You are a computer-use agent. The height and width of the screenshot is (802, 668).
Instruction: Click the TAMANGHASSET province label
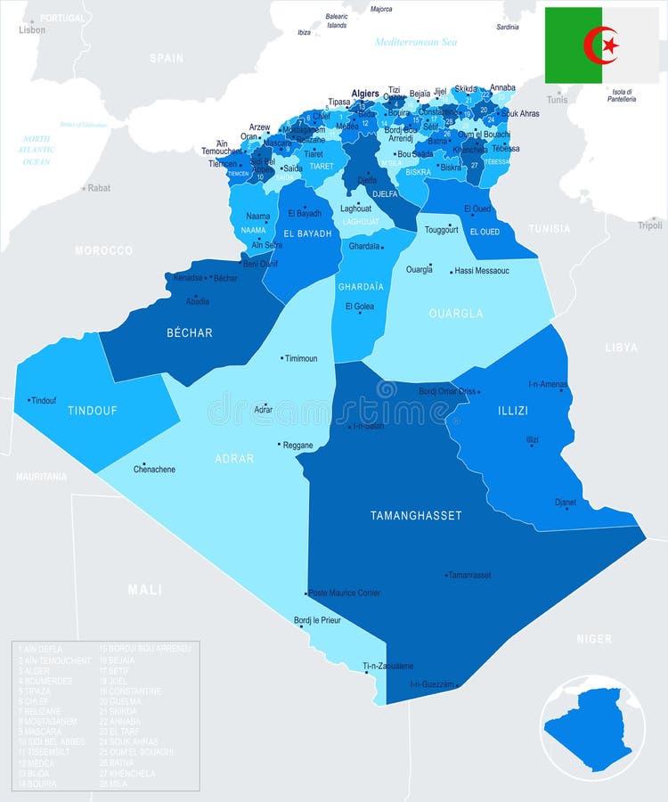click(416, 515)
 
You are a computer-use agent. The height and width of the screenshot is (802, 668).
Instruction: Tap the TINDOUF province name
click(93, 411)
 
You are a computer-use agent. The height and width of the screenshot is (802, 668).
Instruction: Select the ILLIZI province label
click(512, 411)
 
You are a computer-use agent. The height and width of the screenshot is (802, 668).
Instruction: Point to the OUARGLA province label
click(456, 314)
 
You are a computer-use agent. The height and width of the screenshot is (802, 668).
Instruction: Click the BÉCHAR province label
click(190, 332)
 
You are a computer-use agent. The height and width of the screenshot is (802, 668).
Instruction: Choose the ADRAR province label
click(234, 459)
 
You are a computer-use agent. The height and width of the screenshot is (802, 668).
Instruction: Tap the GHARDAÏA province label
click(361, 287)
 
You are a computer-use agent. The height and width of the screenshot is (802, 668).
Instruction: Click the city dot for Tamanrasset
click(445, 575)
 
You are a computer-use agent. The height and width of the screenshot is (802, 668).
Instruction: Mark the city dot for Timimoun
click(282, 358)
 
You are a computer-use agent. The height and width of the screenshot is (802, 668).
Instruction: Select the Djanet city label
click(566, 503)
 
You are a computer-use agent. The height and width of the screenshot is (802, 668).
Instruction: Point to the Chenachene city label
click(154, 470)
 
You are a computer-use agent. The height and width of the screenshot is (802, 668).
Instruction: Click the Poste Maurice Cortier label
click(346, 593)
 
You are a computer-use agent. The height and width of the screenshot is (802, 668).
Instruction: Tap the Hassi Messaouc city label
click(482, 270)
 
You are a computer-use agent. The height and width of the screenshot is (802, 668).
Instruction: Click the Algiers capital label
click(365, 93)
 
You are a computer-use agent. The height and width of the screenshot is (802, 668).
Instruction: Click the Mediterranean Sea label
click(415, 42)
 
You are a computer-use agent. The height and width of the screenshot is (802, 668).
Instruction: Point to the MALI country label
click(144, 589)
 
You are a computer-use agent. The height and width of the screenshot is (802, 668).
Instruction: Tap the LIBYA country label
click(621, 347)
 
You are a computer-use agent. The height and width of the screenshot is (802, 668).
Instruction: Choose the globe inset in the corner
click(593, 728)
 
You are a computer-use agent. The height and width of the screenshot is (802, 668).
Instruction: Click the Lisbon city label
click(32, 30)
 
